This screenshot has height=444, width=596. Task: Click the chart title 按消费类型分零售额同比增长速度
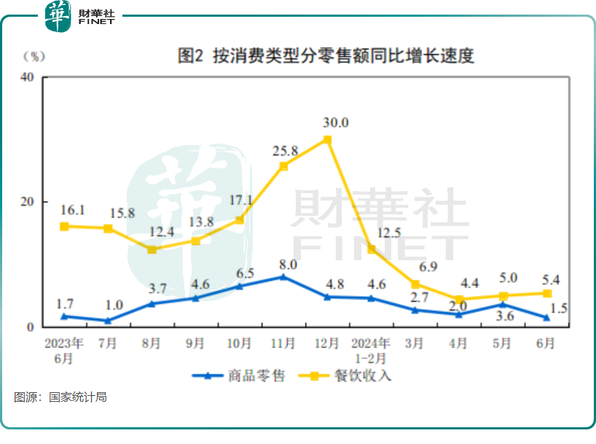pyautogui.click(x=326, y=56)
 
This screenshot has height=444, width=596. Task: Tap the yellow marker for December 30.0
pyautogui.click(x=327, y=139)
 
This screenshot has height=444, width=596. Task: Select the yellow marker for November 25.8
pyautogui.click(x=283, y=166)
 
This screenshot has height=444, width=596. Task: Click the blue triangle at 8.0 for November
pyautogui.click(x=283, y=277)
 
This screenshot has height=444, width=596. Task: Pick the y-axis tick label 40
pyautogui.click(x=27, y=78)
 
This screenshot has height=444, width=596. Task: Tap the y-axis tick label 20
pyautogui.click(x=27, y=202)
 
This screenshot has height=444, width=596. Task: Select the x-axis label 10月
pyautogui.click(x=239, y=342)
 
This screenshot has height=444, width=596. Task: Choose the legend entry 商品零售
pyautogui.click(x=239, y=376)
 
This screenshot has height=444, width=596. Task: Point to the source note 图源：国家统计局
pyautogui.click(x=61, y=397)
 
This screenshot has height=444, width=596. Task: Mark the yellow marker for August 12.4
pyautogui.click(x=152, y=249)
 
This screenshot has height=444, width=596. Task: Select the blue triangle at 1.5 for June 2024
pyautogui.click(x=546, y=317)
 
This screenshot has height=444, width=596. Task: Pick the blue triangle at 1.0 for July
pyautogui.click(x=108, y=320)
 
